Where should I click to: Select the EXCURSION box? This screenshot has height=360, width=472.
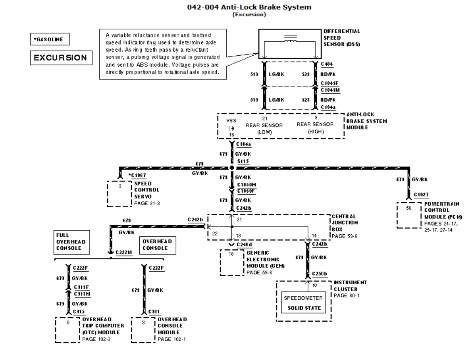(60, 58)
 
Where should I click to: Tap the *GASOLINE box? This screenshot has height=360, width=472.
(49, 40)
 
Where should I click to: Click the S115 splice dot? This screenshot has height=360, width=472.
(232, 167)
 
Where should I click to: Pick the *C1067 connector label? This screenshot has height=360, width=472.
(137, 175)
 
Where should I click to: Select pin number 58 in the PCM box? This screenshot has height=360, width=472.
(408, 207)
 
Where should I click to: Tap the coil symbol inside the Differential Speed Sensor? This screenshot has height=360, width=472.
(290, 39)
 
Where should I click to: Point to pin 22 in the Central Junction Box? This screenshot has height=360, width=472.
(215, 233)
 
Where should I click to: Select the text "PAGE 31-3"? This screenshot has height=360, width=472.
(146, 203)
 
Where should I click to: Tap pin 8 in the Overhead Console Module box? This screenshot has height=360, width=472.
(143, 322)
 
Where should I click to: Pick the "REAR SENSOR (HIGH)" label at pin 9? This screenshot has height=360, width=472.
(315, 127)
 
